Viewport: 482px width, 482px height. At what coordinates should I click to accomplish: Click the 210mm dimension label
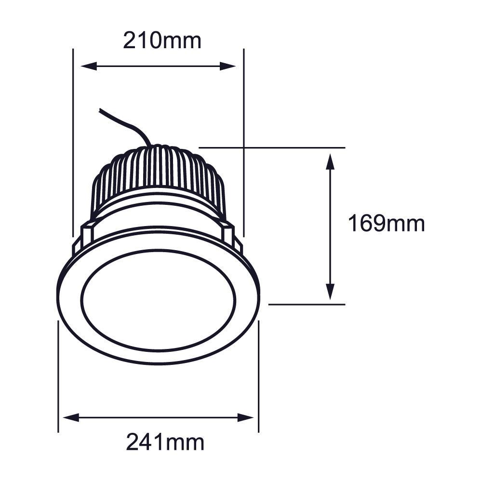[x=162, y=40]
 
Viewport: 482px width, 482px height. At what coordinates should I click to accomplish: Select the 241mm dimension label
[x=165, y=442]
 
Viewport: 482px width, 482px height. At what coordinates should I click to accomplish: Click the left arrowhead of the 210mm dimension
[x=89, y=66]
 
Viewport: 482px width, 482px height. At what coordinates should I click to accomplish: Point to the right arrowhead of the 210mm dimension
[x=228, y=66]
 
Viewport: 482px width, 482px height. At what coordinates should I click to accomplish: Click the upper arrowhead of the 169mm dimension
[x=330, y=161]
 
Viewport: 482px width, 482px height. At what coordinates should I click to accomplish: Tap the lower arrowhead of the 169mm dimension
[x=330, y=292]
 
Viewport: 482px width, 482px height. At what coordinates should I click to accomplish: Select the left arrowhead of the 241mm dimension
[x=71, y=417]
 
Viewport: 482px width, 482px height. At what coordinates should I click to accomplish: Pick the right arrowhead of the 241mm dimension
[x=246, y=417]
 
